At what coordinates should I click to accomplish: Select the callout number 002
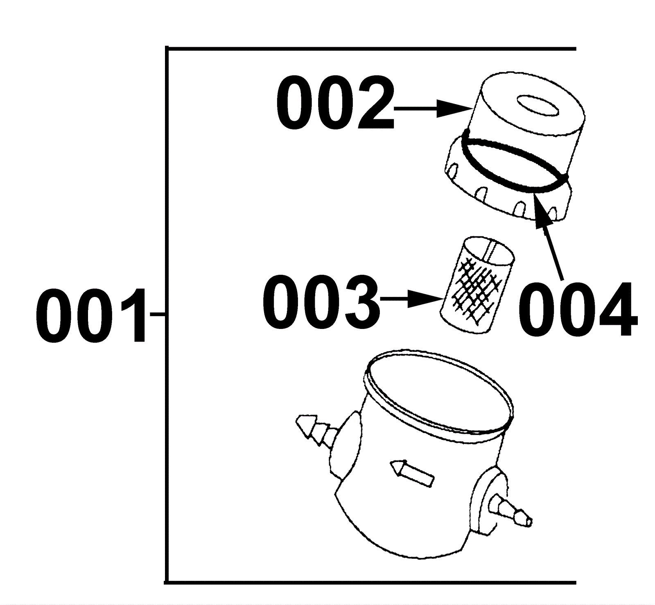tap(335, 104)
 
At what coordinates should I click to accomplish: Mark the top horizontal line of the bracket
tap(371, 49)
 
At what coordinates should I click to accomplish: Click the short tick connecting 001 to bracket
tap(157, 315)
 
